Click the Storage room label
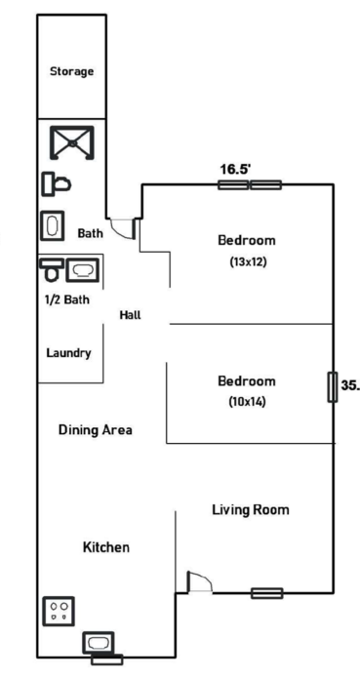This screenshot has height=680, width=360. pyautogui.click(x=71, y=71)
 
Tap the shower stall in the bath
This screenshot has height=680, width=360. pyautogui.click(x=72, y=142)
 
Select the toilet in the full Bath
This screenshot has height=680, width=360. pyautogui.click(x=56, y=183)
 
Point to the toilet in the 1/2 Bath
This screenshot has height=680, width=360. pyautogui.click(x=52, y=269)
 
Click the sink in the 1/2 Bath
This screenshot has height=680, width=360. pyautogui.click(x=83, y=270)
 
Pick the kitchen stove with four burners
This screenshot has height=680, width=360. pyautogui.click(x=59, y=611)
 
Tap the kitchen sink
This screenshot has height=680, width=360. pyautogui.click(x=99, y=643)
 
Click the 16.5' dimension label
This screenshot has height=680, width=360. pyautogui.click(x=235, y=169)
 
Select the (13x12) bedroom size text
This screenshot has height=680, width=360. pyautogui.click(x=247, y=261)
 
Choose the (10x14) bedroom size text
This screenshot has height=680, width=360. pyautogui.click(x=247, y=402)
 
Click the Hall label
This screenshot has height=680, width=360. pyautogui.click(x=130, y=315)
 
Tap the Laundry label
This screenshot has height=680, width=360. pyautogui.click(x=69, y=353)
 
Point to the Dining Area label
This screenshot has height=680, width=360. pyautogui.click(x=96, y=430)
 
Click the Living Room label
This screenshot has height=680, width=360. pyautogui.click(x=251, y=509)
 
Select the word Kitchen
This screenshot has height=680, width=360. pyautogui.click(x=106, y=547)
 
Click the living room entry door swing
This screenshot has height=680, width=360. pyautogui.click(x=200, y=582)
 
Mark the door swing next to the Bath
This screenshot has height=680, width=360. pyautogui.click(x=124, y=228)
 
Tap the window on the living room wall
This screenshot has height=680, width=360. pyautogui.click(x=267, y=593)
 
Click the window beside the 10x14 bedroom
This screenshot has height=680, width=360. pyautogui.click(x=333, y=387)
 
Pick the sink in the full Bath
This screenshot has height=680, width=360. pyautogui.click(x=53, y=225)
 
